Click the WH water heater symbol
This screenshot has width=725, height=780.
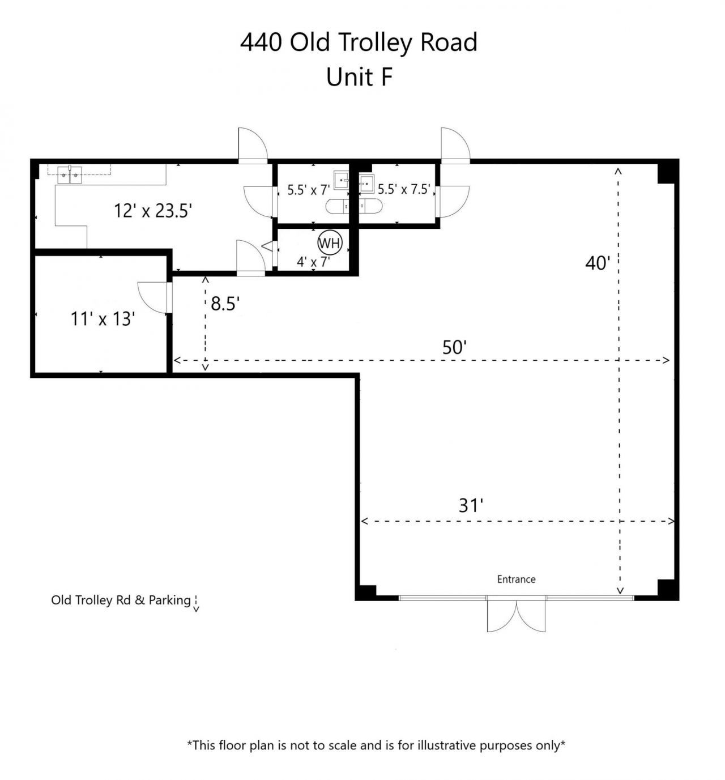tap(330, 243)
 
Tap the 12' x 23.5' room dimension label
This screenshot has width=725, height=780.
tap(153, 211)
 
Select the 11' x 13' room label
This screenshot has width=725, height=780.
tap(103, 318)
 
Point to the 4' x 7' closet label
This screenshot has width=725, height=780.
tap(313, 262)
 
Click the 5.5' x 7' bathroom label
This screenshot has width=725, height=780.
tap(308, 190)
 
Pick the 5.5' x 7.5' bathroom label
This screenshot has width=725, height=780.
tap(404, 189)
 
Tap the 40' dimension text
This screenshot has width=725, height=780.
tap(598, 263)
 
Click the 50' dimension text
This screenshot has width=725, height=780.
tap(454, 347)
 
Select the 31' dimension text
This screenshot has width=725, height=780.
tap(471, 505)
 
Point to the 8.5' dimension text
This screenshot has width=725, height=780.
tap(225, 303)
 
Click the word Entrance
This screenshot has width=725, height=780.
tap(516, 579)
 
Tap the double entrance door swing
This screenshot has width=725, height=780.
tap(516, 616)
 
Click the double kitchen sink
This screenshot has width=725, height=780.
tap(70, 175)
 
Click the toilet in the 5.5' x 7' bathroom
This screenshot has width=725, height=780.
tap(338, 206)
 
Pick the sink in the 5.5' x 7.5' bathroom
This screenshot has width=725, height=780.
tap(367, 184)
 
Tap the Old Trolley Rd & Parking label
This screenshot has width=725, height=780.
tap(121, 600)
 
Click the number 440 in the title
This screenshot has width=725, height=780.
tap(261, 42)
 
